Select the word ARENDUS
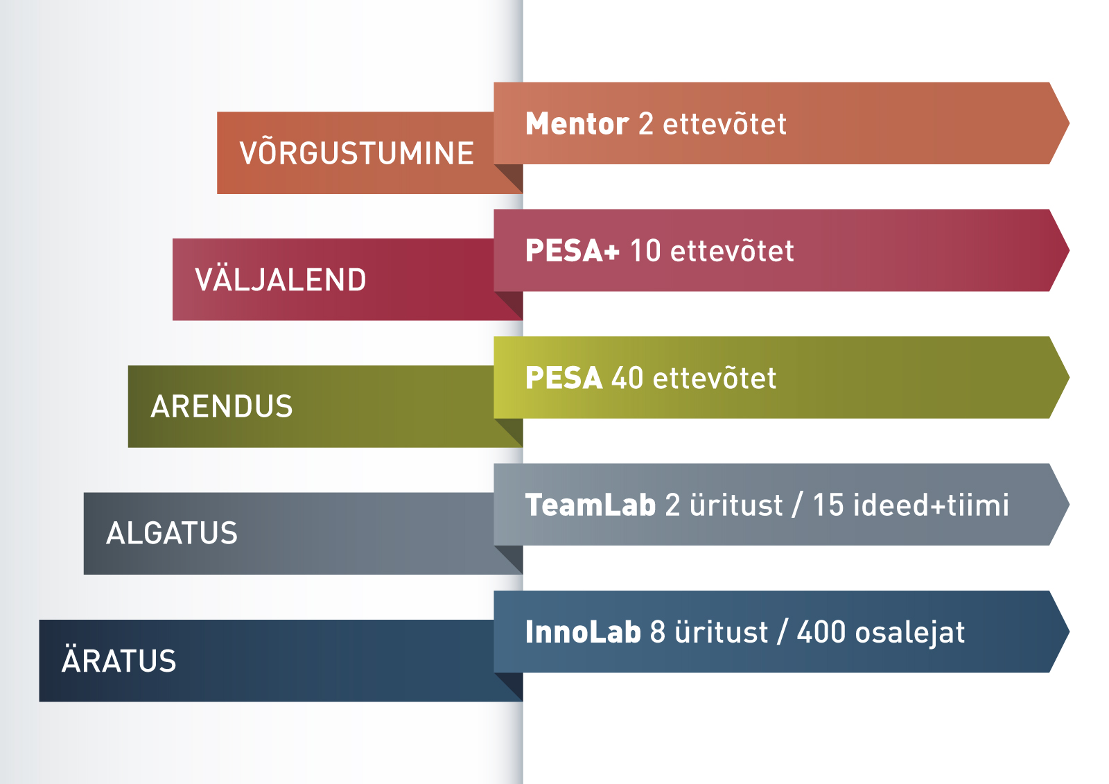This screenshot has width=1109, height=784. (221, 406)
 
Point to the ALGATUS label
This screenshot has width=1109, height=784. (172, 533)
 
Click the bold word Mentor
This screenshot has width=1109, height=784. (577, 123)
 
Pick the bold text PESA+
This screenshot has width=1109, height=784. (572, 250)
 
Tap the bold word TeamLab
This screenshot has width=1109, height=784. (590, 505)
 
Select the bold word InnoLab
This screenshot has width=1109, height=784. (583, 631)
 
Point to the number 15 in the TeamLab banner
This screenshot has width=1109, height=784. (828, 505)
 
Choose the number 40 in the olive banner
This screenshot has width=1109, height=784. (627, 378)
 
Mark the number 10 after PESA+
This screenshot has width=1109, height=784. (645, 251)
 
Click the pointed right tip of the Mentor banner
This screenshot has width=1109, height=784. (1069, 123)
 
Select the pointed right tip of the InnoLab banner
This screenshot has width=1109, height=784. (1069, 631)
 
